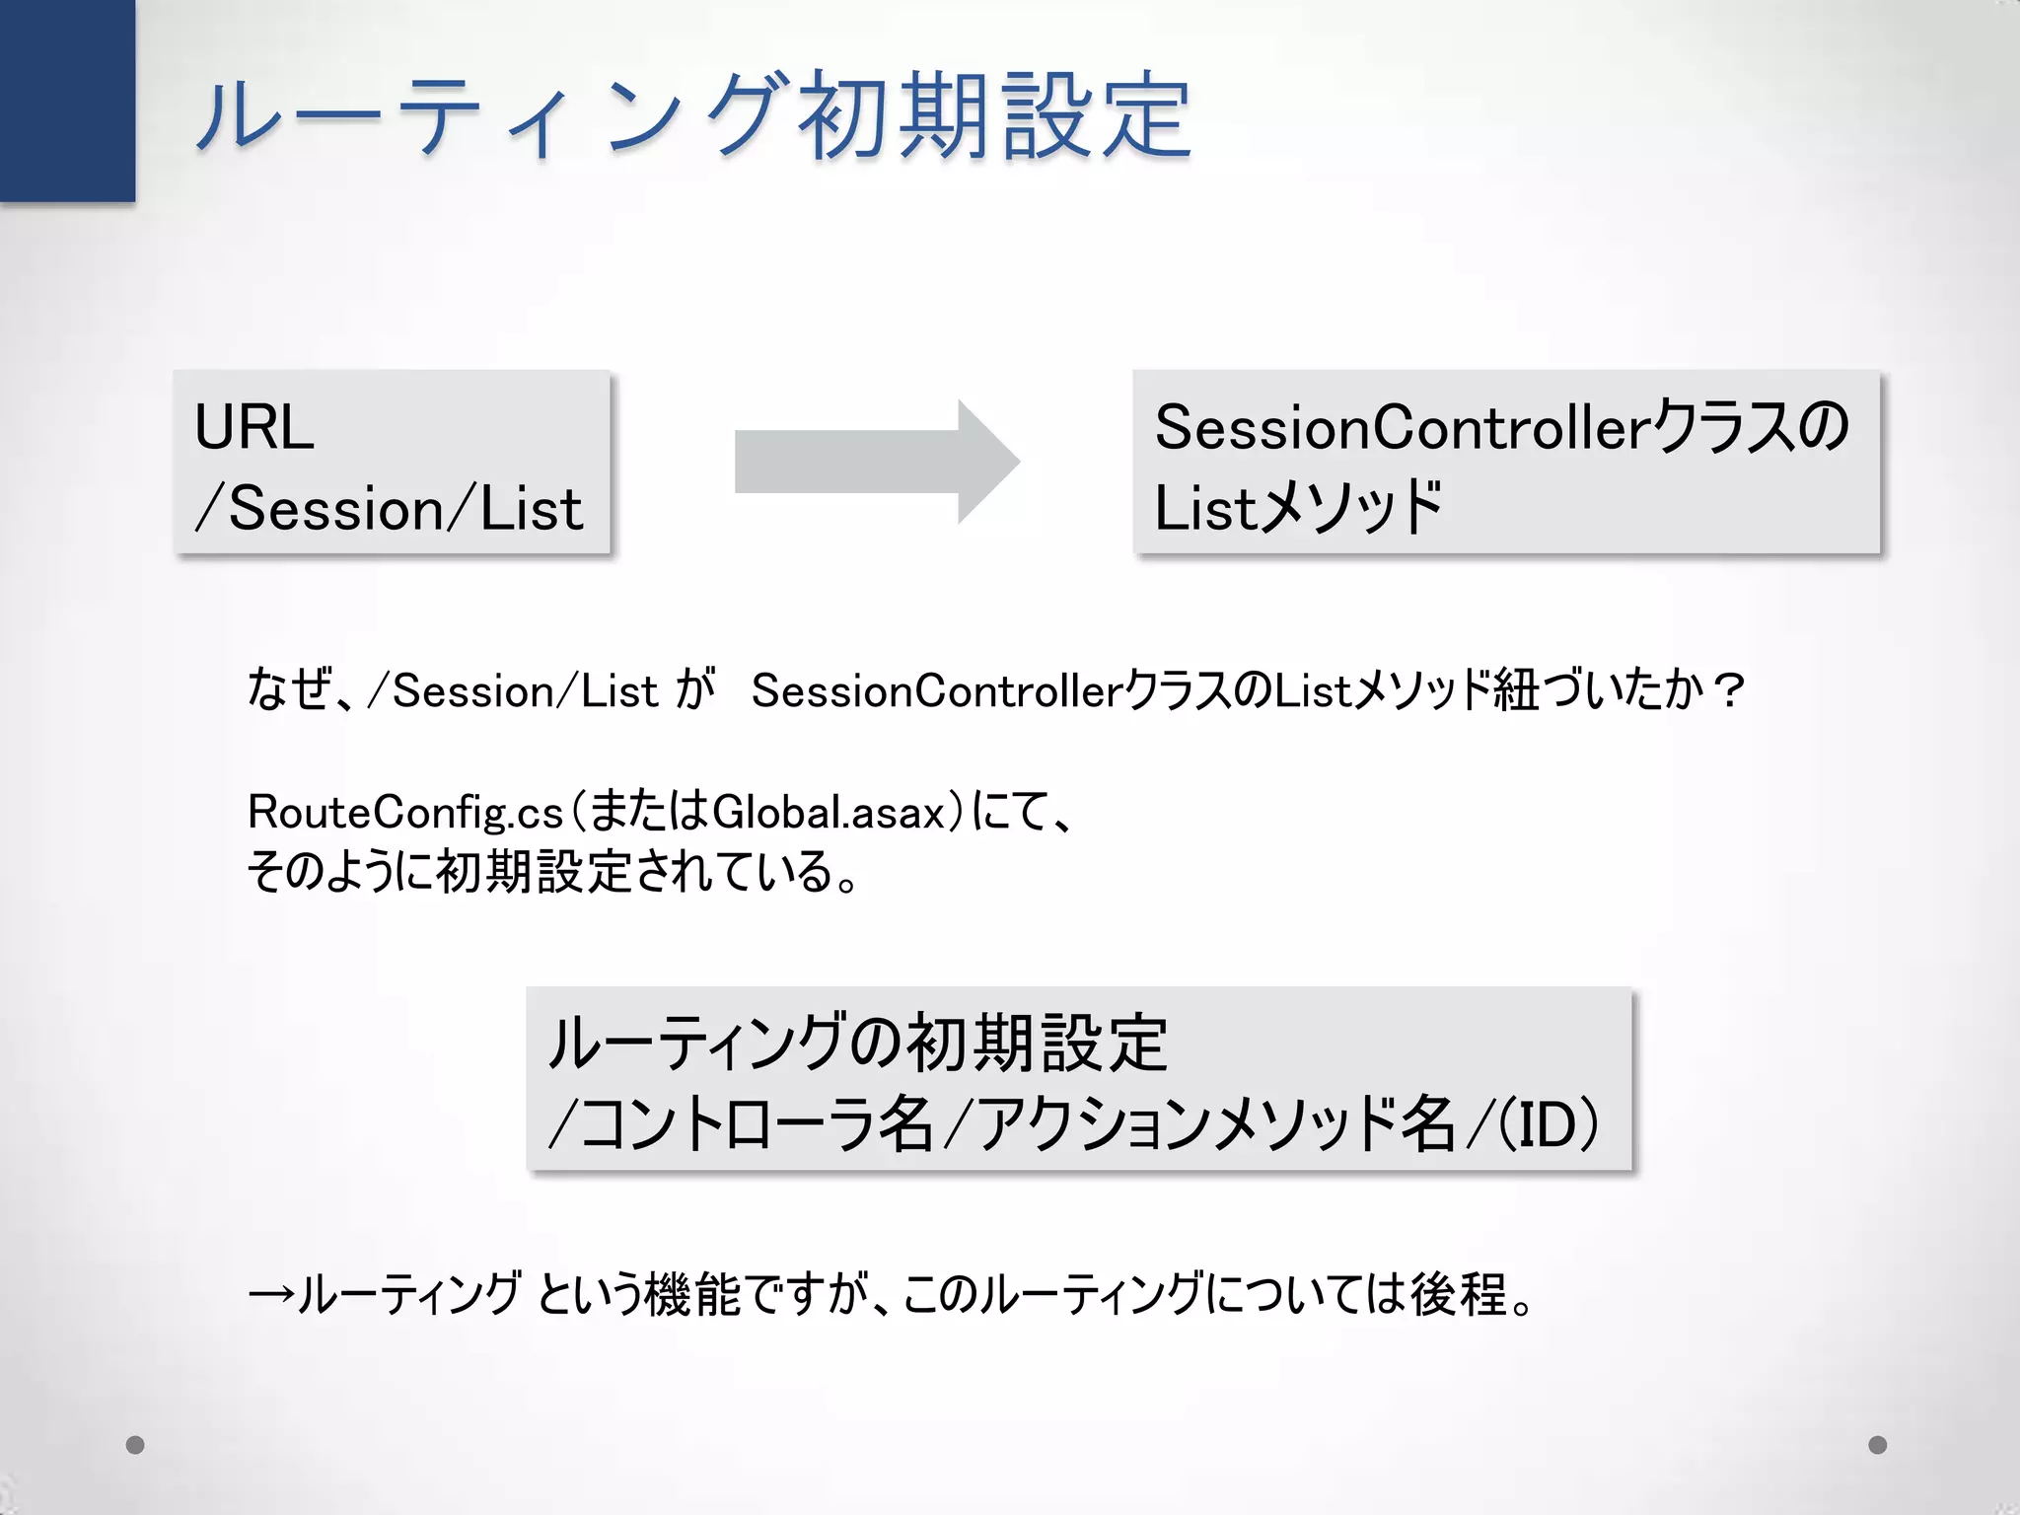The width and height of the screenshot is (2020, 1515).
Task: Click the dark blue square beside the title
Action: coord(67,101)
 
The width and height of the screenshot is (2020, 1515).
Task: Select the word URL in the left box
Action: coord(254,427)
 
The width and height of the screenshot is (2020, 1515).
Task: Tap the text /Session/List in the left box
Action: coord(390,509)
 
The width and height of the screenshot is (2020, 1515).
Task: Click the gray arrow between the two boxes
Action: coord(876,462)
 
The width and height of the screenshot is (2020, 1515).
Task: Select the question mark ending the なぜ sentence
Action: coord(1728,689)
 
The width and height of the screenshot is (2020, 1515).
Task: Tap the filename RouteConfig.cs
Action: coord(405,812)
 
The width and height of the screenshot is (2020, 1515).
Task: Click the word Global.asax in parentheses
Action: coord(829,812)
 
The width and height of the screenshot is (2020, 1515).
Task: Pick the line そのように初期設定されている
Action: coord(552,872)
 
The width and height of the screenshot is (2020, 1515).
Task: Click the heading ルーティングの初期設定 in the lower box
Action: coord(858,1043)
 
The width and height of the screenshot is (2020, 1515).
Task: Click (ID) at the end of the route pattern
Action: coord(1549,1124)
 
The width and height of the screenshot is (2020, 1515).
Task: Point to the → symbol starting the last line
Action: coord(271,1295)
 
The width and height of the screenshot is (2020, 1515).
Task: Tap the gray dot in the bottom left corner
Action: coord(136,1445)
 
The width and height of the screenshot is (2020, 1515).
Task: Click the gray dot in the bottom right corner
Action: coord(1878,1445)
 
